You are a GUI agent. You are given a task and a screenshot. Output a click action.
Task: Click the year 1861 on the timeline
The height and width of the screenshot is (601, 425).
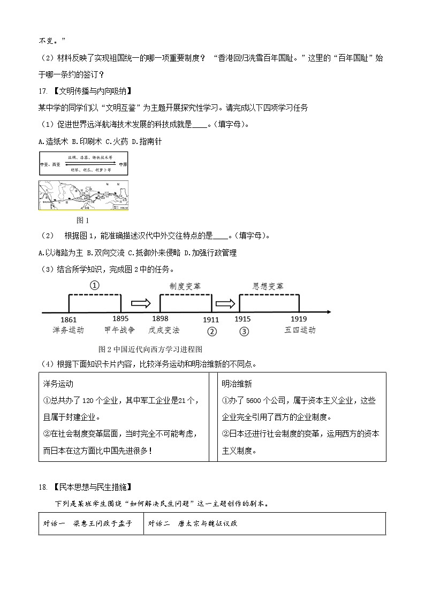point(69,319)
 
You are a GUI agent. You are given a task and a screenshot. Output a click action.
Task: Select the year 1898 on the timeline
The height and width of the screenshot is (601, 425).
point(161,319)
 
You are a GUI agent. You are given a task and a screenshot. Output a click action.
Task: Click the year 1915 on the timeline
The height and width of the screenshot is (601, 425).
point(242,319)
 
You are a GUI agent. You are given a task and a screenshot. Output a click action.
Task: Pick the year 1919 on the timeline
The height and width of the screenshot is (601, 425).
point(299,319)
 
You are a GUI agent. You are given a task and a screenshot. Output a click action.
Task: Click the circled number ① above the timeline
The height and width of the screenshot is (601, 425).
point(94,285)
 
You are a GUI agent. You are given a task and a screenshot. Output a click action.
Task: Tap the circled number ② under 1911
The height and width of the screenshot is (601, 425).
point(212,331)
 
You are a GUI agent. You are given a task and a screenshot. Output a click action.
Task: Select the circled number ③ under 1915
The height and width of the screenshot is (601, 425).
point(244,331)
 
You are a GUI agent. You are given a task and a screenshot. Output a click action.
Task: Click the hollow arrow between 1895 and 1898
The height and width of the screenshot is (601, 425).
point(141,303)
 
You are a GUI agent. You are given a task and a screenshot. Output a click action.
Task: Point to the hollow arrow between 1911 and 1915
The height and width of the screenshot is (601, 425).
point(225,303)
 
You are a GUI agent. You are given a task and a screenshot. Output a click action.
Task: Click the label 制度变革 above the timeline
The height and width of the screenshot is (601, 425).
point(185,286)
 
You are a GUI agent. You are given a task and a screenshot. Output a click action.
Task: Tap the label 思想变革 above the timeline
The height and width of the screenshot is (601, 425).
point(268,286)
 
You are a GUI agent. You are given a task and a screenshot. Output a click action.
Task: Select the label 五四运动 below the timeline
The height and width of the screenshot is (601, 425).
point(300,330)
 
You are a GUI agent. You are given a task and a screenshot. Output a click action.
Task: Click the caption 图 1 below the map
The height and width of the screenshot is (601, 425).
point(83,220)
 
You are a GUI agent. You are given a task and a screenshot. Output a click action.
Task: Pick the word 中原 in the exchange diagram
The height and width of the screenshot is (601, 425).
point(123,164)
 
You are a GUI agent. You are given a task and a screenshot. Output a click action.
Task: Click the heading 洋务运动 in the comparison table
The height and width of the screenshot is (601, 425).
point(58,384)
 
